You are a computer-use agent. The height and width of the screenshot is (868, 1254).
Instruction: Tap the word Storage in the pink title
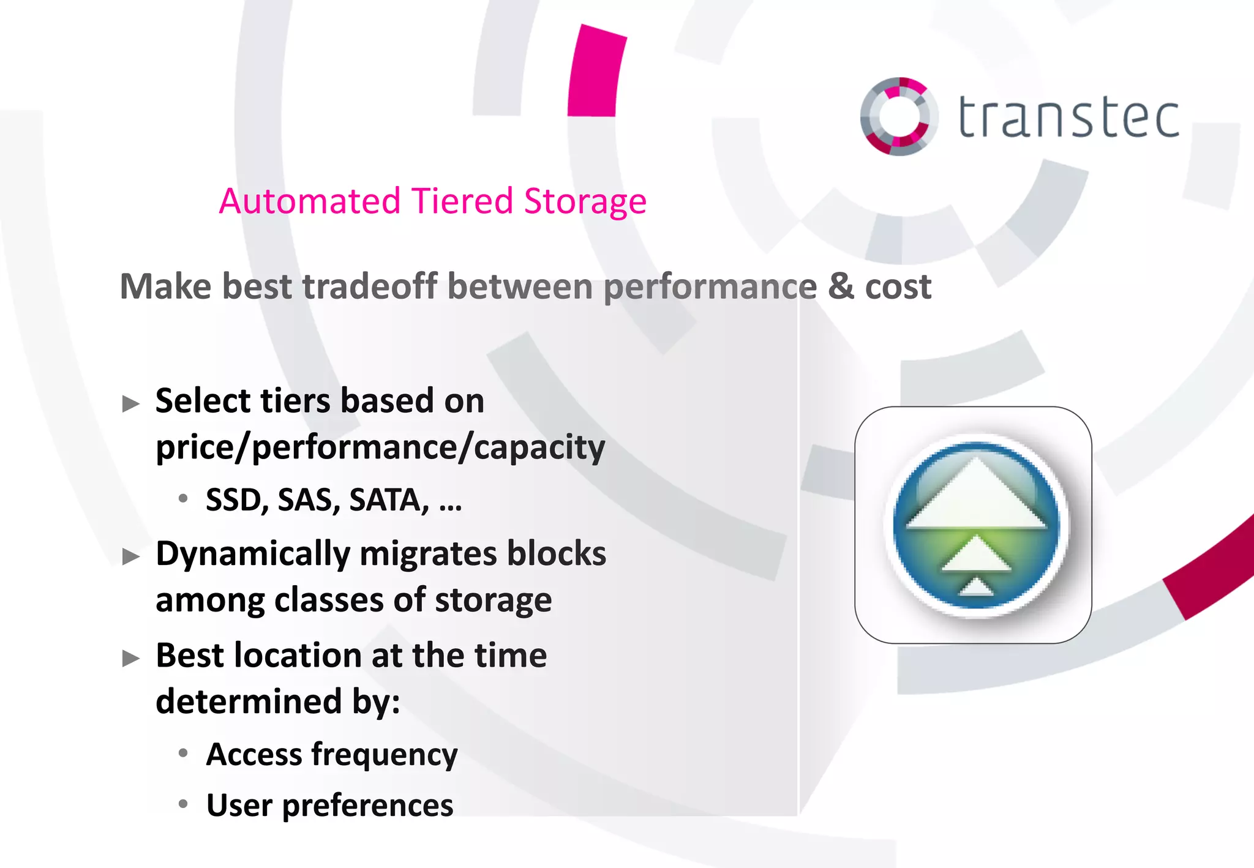pos(585,202)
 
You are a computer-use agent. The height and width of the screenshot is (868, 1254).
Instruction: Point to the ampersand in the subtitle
pos(841,286)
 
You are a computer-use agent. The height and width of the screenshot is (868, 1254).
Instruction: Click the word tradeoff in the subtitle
pos(370,286)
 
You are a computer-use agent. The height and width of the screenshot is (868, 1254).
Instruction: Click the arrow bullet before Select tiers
pos(130,404)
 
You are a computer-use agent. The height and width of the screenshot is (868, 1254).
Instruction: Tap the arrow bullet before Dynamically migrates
pos(130,556)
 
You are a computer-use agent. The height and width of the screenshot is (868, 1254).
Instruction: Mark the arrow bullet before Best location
pos(130,659)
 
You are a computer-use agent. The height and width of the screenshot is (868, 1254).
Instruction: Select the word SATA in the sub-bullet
pos(388,500)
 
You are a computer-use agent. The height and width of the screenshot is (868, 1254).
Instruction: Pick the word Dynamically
pos(252,555)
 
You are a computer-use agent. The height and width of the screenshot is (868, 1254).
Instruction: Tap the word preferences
pos(367,806)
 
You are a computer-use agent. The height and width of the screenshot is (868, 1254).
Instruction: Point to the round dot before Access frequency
pos(183,753)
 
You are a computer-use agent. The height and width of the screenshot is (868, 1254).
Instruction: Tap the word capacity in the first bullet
pos(539,448)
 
